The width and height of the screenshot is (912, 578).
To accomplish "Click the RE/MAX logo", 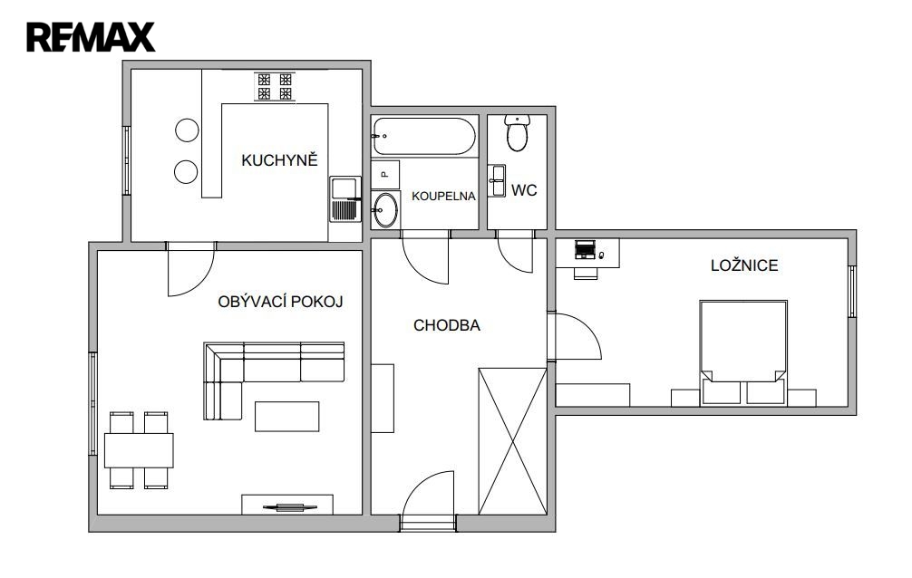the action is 91,37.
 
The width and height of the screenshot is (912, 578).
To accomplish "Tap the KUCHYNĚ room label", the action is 280,160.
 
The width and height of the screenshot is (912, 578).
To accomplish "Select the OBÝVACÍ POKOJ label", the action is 280,302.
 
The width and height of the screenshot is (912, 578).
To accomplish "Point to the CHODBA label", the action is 447,325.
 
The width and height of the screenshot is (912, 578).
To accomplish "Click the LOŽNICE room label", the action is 744,265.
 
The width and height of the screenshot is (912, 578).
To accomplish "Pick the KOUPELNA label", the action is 444,197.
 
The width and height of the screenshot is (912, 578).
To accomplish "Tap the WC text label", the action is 524,191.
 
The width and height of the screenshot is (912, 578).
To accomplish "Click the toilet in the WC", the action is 517,132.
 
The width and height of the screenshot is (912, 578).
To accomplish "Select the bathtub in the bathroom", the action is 424,136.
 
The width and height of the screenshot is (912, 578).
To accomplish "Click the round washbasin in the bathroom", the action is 384,209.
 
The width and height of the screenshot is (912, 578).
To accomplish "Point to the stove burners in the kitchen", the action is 275,86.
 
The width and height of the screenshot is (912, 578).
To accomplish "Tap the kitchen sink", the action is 345,199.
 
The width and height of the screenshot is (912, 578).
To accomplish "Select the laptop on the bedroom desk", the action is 585,249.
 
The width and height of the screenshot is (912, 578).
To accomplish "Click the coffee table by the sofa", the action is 286,417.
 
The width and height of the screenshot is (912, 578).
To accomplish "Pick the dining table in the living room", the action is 139,450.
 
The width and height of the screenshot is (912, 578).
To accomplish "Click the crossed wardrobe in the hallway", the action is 512,441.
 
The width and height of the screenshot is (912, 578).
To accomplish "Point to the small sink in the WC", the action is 497,181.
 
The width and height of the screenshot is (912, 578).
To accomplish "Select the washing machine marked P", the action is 385,175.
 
